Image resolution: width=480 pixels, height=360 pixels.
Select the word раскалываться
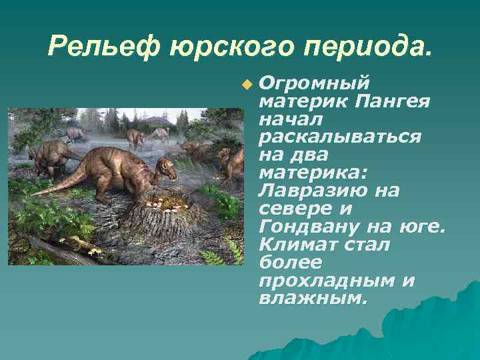pyautogui.click(x=339, y=137)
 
